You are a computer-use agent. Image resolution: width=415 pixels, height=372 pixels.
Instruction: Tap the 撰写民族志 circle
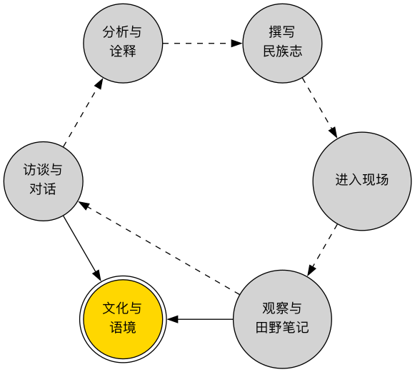[282, 43]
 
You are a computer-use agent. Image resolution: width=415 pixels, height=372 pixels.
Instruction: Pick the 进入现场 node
[361, 180]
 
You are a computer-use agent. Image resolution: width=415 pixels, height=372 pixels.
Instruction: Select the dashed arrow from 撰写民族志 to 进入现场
[319, 107]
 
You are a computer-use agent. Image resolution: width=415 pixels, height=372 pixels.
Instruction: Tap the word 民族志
[282, 51]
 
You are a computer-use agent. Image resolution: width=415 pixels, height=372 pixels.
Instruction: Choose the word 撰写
[282, 34]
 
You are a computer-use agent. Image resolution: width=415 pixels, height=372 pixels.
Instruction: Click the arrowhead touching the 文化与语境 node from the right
[173, 318]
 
